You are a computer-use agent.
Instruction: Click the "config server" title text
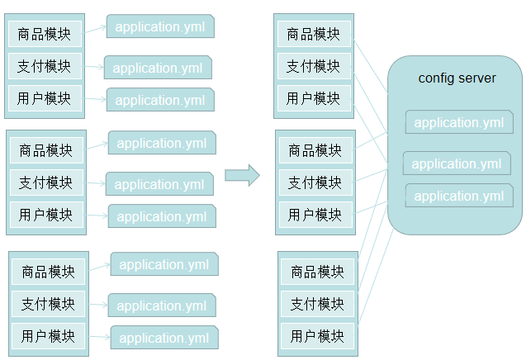(457, 78)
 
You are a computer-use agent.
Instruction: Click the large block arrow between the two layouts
(242, 175)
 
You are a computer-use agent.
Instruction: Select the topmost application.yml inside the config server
(459, 123)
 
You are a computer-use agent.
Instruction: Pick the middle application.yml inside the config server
(457, 163)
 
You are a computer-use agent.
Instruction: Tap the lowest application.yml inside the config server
(459, 196)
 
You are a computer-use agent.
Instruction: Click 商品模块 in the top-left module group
(45, 35)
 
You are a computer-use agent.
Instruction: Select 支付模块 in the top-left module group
(45, 66)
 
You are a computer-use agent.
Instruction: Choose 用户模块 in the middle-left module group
(46, 215)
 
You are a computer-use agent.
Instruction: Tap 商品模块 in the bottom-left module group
(49, 271)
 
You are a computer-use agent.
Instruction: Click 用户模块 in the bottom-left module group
(49, 336)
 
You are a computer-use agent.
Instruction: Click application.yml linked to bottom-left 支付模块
(162, 306)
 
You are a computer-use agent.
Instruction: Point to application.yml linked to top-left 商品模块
(160, 26)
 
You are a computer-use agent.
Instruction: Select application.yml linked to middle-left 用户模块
(162, 216)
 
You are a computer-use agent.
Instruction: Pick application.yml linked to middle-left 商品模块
(162, 143)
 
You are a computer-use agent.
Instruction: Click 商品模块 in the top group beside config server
(314, 35)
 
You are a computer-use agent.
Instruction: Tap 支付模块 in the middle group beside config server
(315, 182)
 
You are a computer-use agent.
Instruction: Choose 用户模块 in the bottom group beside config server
(317, 336)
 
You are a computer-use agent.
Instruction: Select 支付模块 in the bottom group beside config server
(317, 304)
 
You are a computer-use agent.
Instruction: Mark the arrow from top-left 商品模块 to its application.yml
(95, 30)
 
